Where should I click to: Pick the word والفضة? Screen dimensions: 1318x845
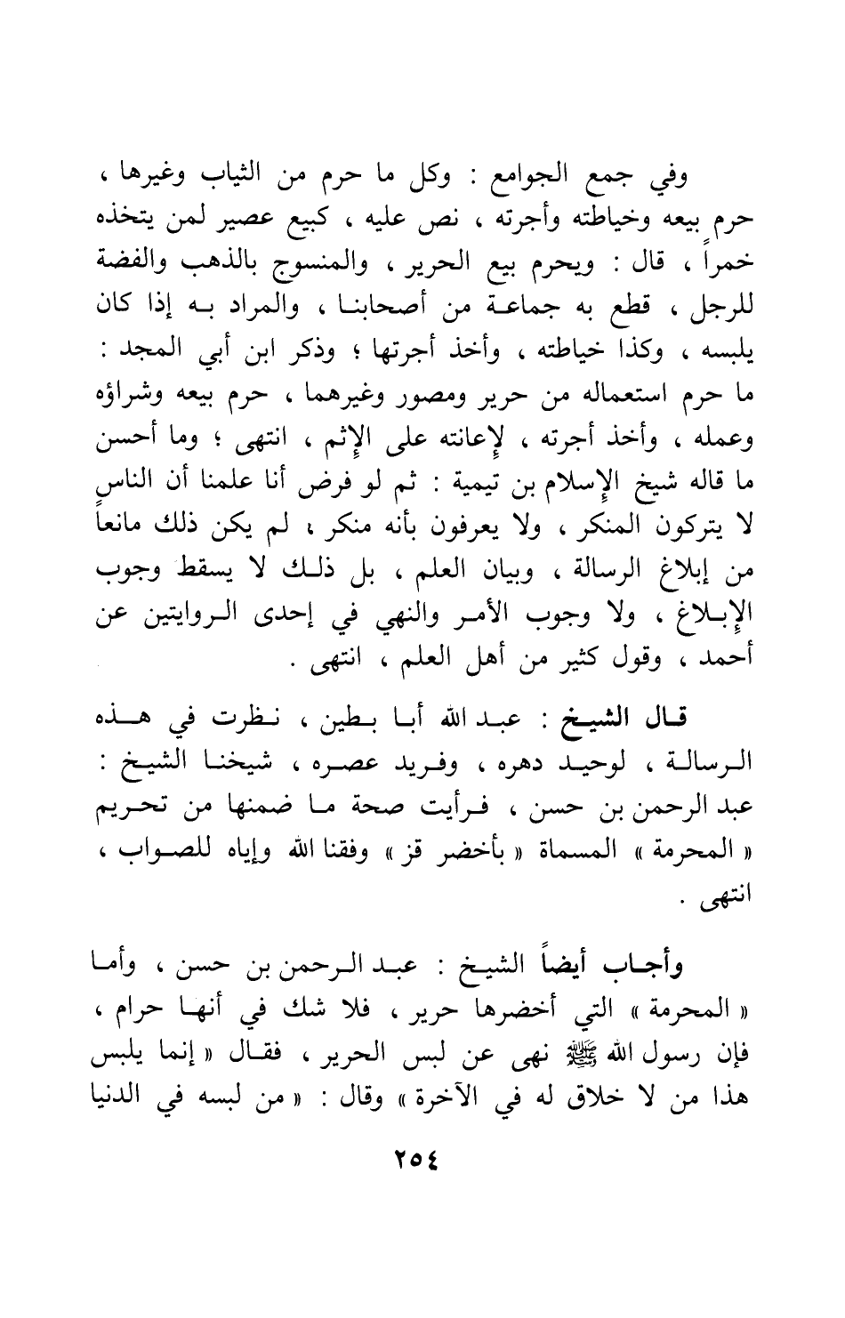[140, 265]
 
